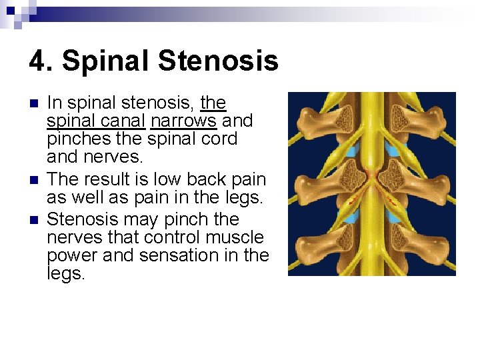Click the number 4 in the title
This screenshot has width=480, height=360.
click(37, 61)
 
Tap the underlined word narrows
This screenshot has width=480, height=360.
click(183, 121)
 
